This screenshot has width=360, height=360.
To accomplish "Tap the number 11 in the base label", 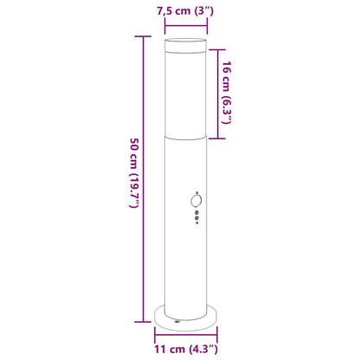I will (162, 350).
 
